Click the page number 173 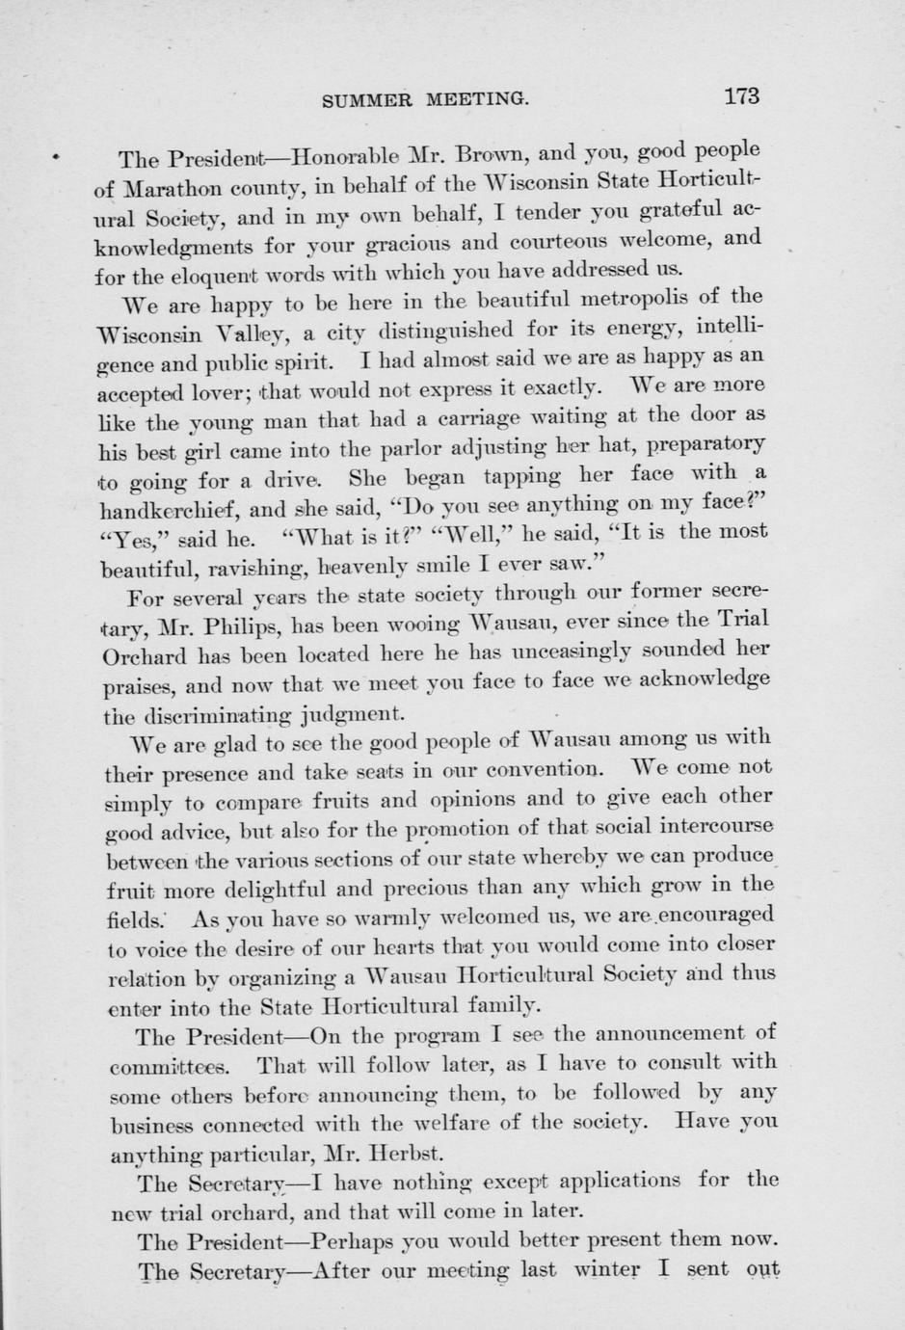point(741,95)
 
